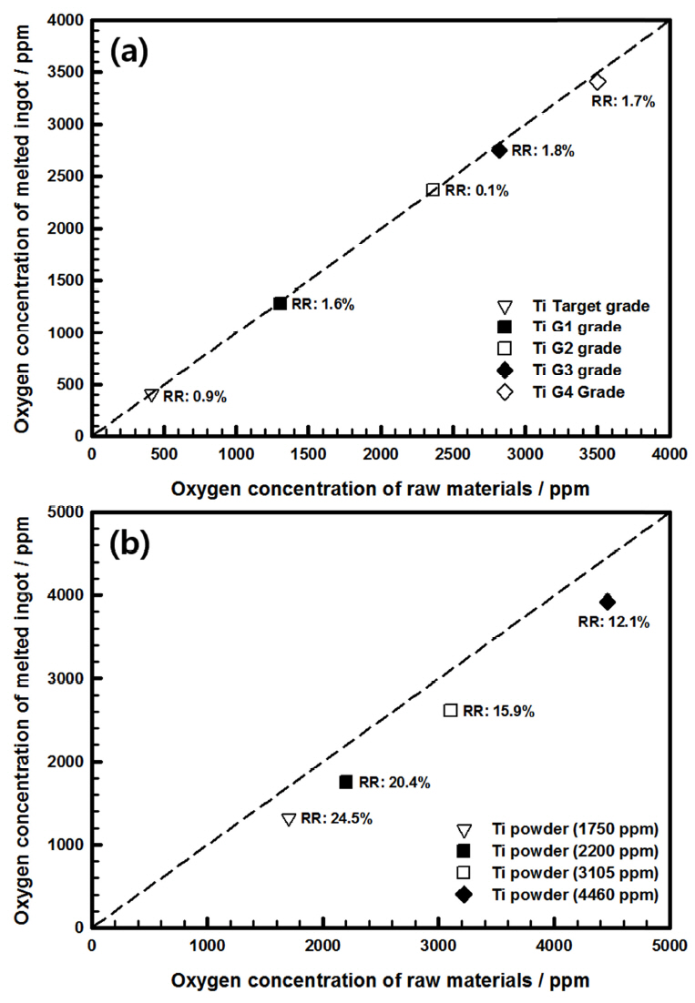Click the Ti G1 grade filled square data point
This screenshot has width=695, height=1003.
coord(280,303)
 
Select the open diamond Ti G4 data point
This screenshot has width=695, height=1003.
coord(598,82)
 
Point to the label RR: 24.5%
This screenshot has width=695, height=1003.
coord(336,817)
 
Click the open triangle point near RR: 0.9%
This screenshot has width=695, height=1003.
coord(151,395)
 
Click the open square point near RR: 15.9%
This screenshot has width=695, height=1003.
coord(450,710)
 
